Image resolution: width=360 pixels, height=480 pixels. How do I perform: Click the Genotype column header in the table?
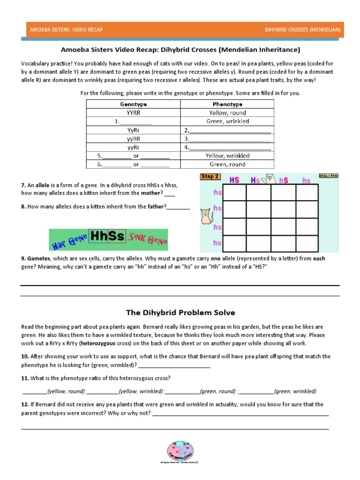pos(133,104)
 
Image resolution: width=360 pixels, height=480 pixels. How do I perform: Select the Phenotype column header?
pos(227,104)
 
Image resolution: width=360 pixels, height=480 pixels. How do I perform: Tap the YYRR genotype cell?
pos(133,112)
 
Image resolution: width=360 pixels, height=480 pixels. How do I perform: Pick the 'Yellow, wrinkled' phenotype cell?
pos(227,156)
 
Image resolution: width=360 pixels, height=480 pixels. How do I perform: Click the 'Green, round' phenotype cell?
pos(227,165)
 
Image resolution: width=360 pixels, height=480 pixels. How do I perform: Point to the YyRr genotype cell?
pos(133,130)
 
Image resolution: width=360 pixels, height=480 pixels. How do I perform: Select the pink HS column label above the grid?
pos(234,180)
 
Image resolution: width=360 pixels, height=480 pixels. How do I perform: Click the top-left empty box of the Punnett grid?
pos(234,192)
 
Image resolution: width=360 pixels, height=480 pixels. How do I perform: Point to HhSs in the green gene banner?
pos(107,236)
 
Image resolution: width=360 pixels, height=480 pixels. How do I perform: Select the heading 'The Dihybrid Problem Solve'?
pos(180,312)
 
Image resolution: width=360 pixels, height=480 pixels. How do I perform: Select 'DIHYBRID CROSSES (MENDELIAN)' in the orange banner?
pos(302,30)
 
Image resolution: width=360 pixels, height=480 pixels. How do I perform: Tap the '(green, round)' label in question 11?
pos(217,391)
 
